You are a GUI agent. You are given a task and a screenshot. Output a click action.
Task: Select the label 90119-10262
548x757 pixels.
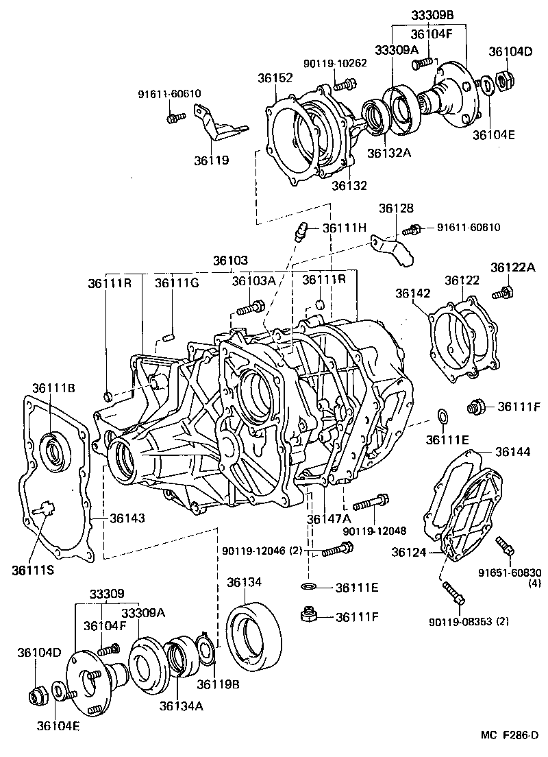[335, 63]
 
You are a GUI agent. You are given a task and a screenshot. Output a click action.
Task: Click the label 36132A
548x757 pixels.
[389, 153]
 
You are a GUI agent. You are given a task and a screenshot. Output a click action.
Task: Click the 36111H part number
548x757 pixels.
[345, 228]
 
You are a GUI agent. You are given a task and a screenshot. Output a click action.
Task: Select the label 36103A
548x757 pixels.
[253, 280]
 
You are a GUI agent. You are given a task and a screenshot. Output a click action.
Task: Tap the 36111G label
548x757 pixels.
[176, 282]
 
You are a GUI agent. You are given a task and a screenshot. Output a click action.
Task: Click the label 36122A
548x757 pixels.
[512, 266]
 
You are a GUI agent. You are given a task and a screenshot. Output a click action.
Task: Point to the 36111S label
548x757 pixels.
[34, 568]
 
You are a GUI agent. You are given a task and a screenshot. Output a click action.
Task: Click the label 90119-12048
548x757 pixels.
[375, 531]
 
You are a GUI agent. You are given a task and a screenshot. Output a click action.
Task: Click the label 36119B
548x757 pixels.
[219, 684]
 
